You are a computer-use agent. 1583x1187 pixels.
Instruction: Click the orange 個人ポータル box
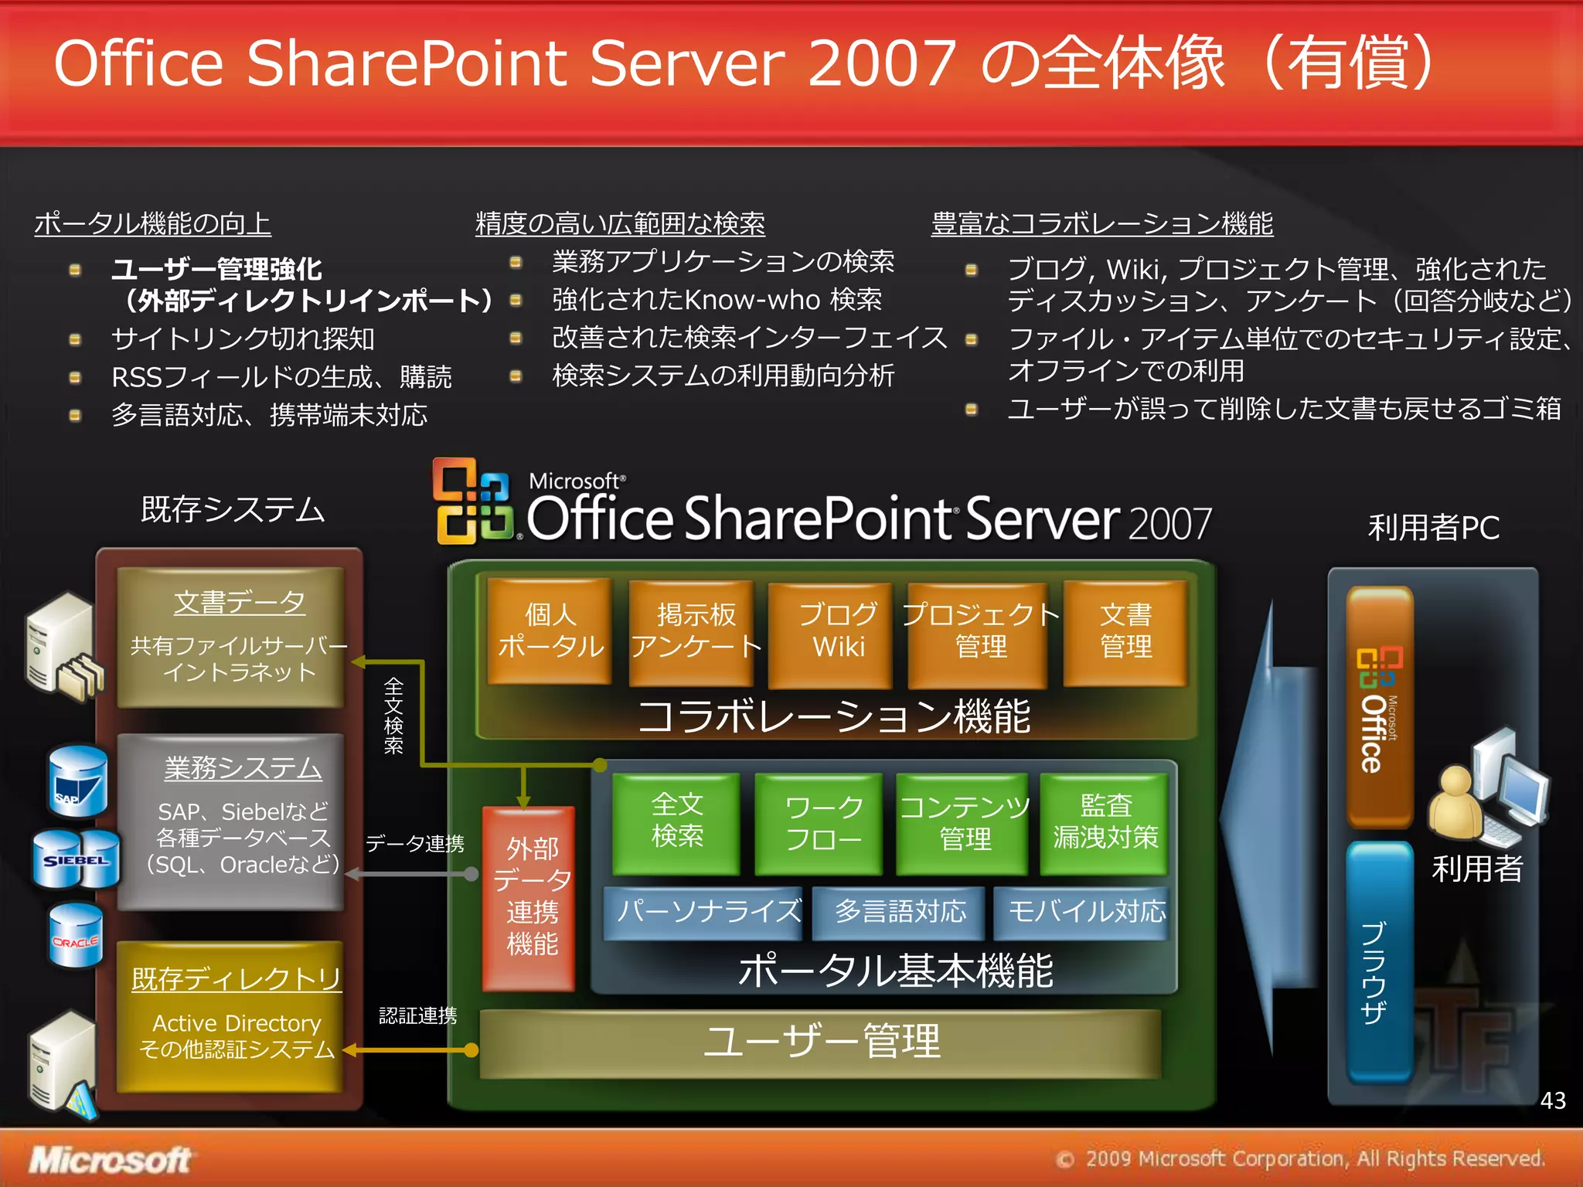pyautogui.click(x=550, y=631)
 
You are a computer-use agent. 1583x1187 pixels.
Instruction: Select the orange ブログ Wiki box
pyautogui.click(x=830, y=633)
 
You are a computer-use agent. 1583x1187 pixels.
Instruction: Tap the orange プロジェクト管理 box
pyautogui.click(x=978, y=633)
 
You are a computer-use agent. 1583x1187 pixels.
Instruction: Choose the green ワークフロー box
pyautogui.click(x=819, y=824)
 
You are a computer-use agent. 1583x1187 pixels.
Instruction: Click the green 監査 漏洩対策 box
pyautogui.click(x=1104, y=822)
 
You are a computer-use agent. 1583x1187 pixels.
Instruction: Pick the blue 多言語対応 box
pyautogui.click(x=899, y=913)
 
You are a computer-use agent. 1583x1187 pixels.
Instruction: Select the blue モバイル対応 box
pyautogui.click(x=1082, y=913)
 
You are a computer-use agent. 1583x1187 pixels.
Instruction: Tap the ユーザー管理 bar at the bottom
pyautogui.click(x=821, y=1042)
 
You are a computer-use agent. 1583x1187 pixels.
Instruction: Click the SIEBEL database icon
pyautogui.click(x=76, y=859)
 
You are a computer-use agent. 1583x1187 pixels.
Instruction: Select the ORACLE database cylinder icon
pyautogui.click(x=76, y=937)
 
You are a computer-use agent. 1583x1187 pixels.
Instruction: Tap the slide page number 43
pyautogui.click(x=1552, y=1100)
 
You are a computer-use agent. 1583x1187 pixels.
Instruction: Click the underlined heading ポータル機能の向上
pyautogui.click(x=153, y=224)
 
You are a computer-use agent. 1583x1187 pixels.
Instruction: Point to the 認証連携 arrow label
pyautogui.click(x=417, y=1015)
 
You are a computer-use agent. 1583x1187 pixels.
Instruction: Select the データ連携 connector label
pyautogui.click(x=415, y=844)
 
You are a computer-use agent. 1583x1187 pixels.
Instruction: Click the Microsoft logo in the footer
pyautogui.click(x=110, y=1159)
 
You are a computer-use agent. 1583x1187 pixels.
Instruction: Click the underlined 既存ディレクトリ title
pyautogui.click(x=237, y=978)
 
